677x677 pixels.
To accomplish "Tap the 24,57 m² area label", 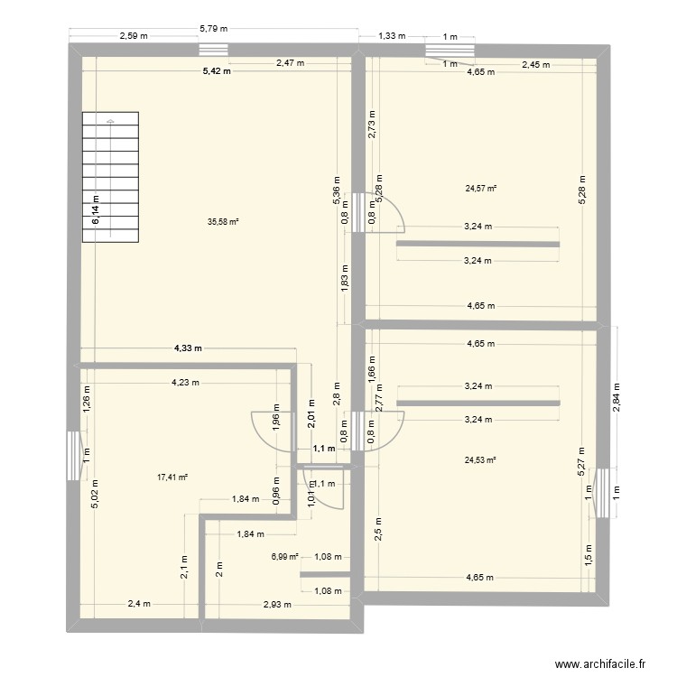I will [481, 189].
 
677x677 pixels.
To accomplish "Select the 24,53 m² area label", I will [481, 459].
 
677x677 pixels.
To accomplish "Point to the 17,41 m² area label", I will [171, 478].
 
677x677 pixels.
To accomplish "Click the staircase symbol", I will [111, 177].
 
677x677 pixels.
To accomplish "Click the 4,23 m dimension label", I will [187, 382].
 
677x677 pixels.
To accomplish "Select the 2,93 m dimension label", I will [278, 604].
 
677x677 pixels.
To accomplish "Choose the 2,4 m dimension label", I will [139, 604].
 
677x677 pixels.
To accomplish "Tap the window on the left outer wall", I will [71, 455].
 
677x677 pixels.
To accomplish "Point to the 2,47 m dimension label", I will [290, 63].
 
